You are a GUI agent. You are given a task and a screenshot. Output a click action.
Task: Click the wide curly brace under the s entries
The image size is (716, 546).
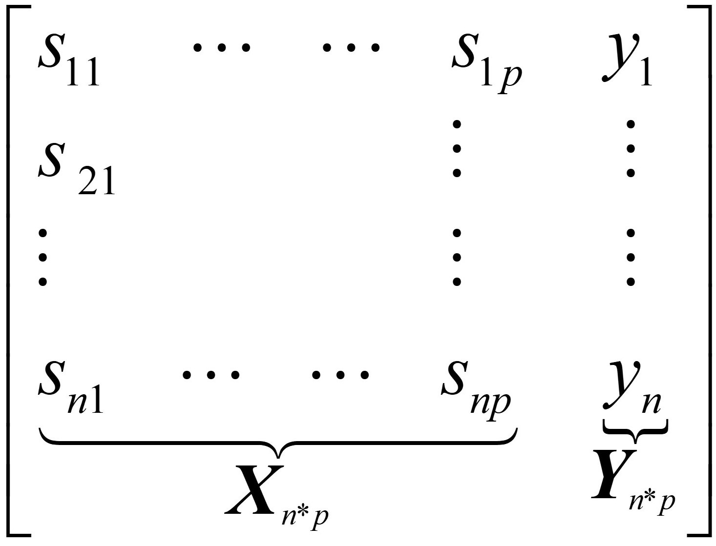click(x=278, y=444)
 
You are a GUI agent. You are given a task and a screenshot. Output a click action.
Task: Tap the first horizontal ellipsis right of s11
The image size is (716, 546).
click(x=222, y=48)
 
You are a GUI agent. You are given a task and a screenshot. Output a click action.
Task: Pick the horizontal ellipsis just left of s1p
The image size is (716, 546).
click(x=351, y=48)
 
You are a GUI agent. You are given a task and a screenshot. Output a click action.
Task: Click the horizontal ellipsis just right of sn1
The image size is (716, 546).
click(x=211, y=375)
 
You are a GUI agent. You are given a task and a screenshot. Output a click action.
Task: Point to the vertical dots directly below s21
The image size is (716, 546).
click(x=42, y=257)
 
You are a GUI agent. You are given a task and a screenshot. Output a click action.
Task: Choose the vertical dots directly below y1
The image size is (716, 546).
click(x=631, y=148)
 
